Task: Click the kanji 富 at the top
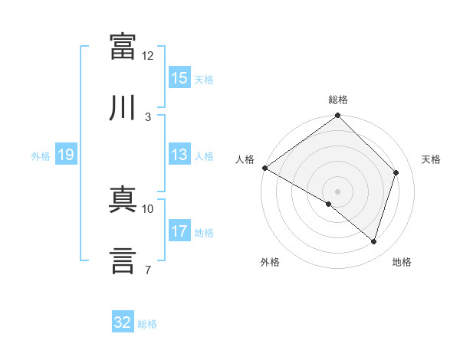coord(123,46)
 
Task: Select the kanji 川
coord(122,107)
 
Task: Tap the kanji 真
coord(123,199)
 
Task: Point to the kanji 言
coord(123,260)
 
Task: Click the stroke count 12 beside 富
coord(147,56)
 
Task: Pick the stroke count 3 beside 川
coord(148,117)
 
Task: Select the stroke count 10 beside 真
coord(147,209)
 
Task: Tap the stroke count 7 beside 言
coord(148,270)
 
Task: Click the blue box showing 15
coord(179,77)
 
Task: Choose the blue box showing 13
coord(179,154)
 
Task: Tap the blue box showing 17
coord(179,230)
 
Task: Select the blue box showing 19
coord(66,154)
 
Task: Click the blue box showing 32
coord(123,321)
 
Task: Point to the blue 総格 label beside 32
coord(147,324)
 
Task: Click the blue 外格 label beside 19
coord(41,156)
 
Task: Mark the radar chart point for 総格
coord(337,115)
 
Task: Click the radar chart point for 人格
coord(265,168)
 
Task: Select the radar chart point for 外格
coord(329,204)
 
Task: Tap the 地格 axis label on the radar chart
coord(402,262)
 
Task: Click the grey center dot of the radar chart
coord(337,191)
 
